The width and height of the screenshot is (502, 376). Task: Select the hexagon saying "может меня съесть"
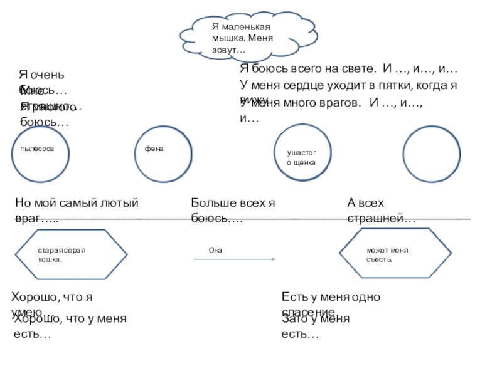tap(390, 254)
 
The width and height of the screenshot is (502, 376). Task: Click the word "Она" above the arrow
tap(215, 250)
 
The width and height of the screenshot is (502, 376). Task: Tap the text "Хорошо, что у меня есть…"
tap(70, 326)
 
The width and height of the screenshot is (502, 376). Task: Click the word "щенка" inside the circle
tap(304, 162)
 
